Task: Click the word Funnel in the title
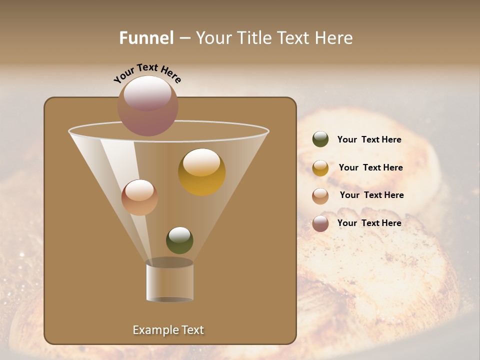146,38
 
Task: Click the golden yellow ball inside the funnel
201,172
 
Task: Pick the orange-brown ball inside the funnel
139,197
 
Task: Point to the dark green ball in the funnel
179,240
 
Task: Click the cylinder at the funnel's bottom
169,281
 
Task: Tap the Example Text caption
168,330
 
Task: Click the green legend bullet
320,139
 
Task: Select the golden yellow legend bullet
320,168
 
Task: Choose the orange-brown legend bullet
320,196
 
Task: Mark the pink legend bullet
320,223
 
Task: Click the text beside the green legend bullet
369,140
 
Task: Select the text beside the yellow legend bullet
370,168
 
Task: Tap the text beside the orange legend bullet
371,195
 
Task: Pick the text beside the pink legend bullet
369,223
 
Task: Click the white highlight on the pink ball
147,92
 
